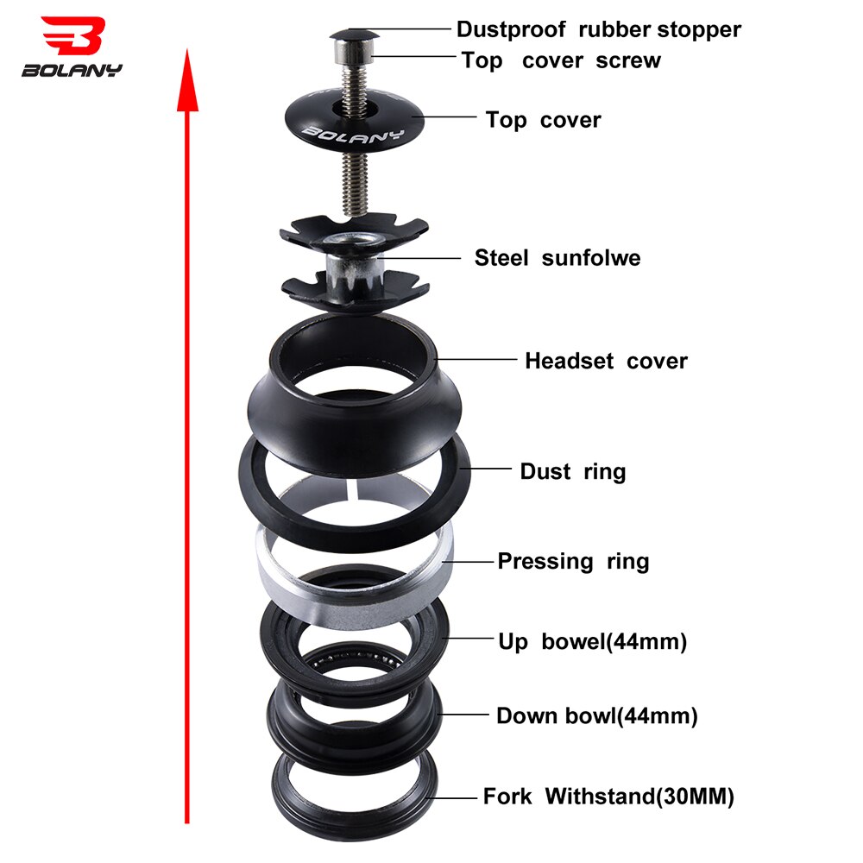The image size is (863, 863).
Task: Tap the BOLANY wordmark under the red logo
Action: pos(72,70)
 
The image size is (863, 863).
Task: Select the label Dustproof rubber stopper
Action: pos(598,29)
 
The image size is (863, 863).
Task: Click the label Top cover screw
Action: pos(561,60)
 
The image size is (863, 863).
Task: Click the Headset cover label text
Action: pos(606,361)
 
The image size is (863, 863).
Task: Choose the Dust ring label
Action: pos(572,471)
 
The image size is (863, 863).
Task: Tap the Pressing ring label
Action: pos(573,561)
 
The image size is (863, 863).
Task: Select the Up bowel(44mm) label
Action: pos(592,642)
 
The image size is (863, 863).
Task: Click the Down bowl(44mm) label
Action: pos(596,715)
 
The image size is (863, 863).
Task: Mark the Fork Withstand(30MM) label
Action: pos(608,797)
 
